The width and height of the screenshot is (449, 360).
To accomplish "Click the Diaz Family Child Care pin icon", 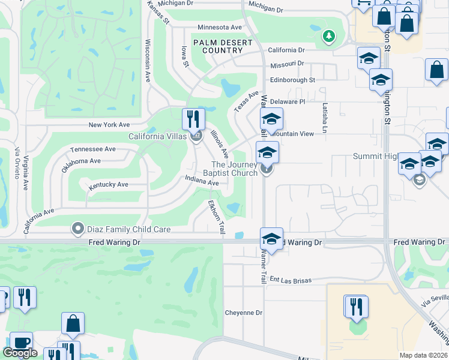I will [x=77, y=229].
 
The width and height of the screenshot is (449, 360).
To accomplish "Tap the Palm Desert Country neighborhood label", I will [x=217, y=46].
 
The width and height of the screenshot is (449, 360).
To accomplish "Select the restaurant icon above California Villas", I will [x=193, y=118].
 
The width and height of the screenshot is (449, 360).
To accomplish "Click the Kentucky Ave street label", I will [x=109, y=185].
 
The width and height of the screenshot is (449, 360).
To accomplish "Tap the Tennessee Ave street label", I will [x=92, y=149].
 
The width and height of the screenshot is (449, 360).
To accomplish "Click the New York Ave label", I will [x=109, y=125].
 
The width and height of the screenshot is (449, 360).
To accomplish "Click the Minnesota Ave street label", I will [x=219, y=28].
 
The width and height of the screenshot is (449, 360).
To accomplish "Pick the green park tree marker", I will [x=328, y=37].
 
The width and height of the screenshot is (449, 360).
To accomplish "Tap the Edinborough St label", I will [x=292, y=80].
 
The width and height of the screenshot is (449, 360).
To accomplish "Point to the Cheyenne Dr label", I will [x=244, y=313].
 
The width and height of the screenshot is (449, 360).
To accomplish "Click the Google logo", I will [x=20, y=353].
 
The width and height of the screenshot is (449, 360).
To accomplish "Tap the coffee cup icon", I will [x=21, y=342].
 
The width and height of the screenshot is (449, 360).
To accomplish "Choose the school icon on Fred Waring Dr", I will [x=271, y=239].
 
